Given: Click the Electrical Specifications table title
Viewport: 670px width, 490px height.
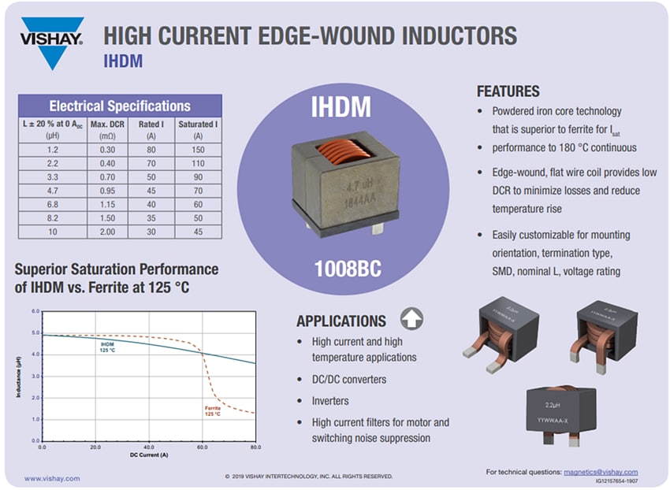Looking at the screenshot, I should pos(120,106).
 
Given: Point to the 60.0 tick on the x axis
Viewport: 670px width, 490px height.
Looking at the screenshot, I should pos(203,447).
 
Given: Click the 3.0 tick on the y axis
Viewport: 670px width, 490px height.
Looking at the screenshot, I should pos(35,377).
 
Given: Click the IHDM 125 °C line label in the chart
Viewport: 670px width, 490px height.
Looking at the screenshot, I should pos(109,347).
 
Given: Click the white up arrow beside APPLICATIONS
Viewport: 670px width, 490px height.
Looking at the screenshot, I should pos(411,318).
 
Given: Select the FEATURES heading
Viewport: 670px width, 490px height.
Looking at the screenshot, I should pos(508,91).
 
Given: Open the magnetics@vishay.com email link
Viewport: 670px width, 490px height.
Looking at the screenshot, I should pos(601,472).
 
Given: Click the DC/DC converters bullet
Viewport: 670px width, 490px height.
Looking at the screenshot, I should pos(349,379).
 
